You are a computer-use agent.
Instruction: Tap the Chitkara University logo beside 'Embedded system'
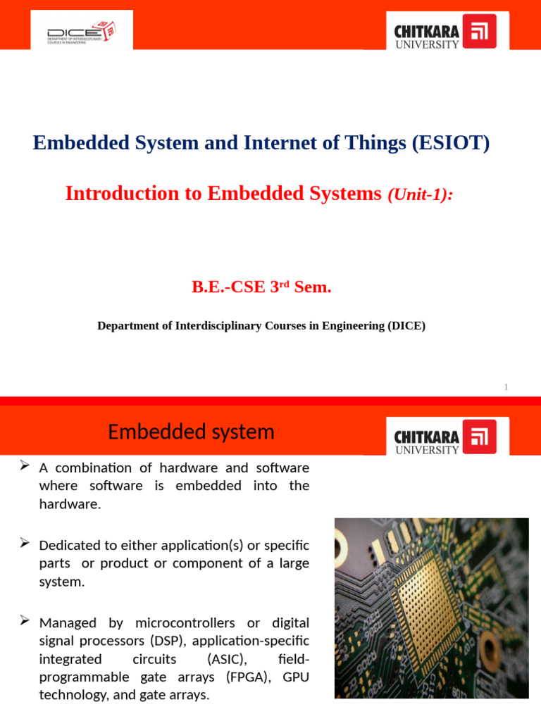click(x=444, y=437)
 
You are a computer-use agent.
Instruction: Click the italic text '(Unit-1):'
click(x=420, y=195)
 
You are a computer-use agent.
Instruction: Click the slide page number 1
click(x=506, y=387)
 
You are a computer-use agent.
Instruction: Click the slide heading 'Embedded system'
click(x=191, y=432)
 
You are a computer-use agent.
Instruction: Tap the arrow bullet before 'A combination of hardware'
click(x=24, y=466)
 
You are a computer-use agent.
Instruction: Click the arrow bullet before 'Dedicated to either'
click(x=24, y=543)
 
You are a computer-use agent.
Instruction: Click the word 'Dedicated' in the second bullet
click(x=70, y=546)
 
